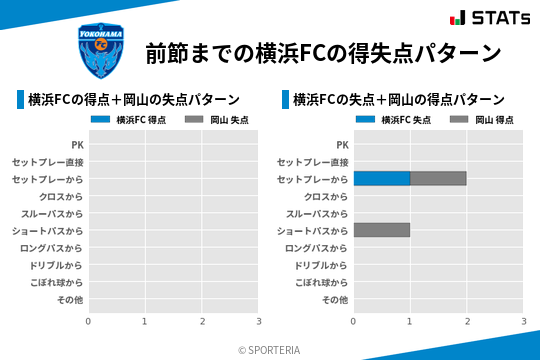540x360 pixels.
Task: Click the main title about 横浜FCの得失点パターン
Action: tap(322, 52)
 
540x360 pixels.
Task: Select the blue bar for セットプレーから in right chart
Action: tap(381, 179)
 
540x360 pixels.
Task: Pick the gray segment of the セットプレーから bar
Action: tap(438, 179)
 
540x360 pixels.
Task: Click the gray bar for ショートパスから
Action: tap(381, 230)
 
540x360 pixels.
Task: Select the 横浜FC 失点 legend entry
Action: tap(394, 120)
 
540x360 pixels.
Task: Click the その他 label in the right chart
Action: tap(335, 299)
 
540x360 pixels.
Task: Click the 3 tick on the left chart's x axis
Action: tap(259, 321)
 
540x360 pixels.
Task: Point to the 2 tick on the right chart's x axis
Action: tap(467, 321)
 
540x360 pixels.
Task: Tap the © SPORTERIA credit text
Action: tap(269, 350)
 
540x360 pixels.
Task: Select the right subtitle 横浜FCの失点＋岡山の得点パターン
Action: tap(399, 99)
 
